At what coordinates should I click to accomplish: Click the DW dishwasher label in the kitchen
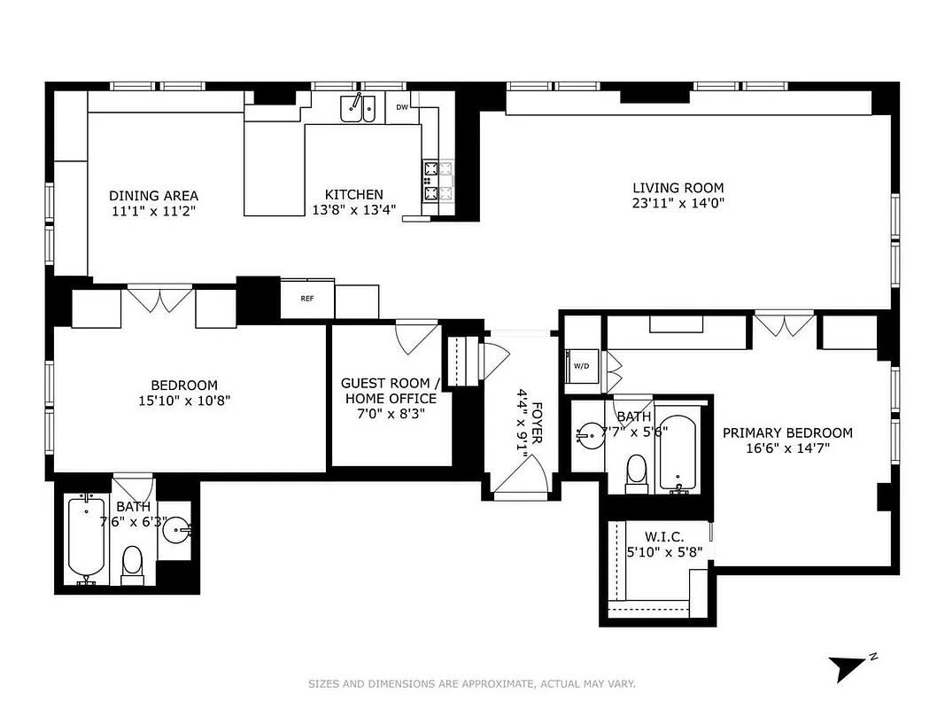coord(402,107)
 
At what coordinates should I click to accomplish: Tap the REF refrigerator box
coord(307,299)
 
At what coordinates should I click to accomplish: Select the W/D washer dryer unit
coord(582,365)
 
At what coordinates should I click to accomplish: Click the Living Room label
coord(678,188)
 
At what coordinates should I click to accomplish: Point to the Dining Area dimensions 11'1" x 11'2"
coord(153,212)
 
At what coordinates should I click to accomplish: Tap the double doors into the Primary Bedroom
coord(783,324)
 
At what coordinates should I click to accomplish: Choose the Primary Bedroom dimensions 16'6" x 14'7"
coord(787,448)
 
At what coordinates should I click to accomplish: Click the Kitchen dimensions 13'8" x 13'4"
coord(353,211)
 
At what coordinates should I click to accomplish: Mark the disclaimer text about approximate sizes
coord(471,683)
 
